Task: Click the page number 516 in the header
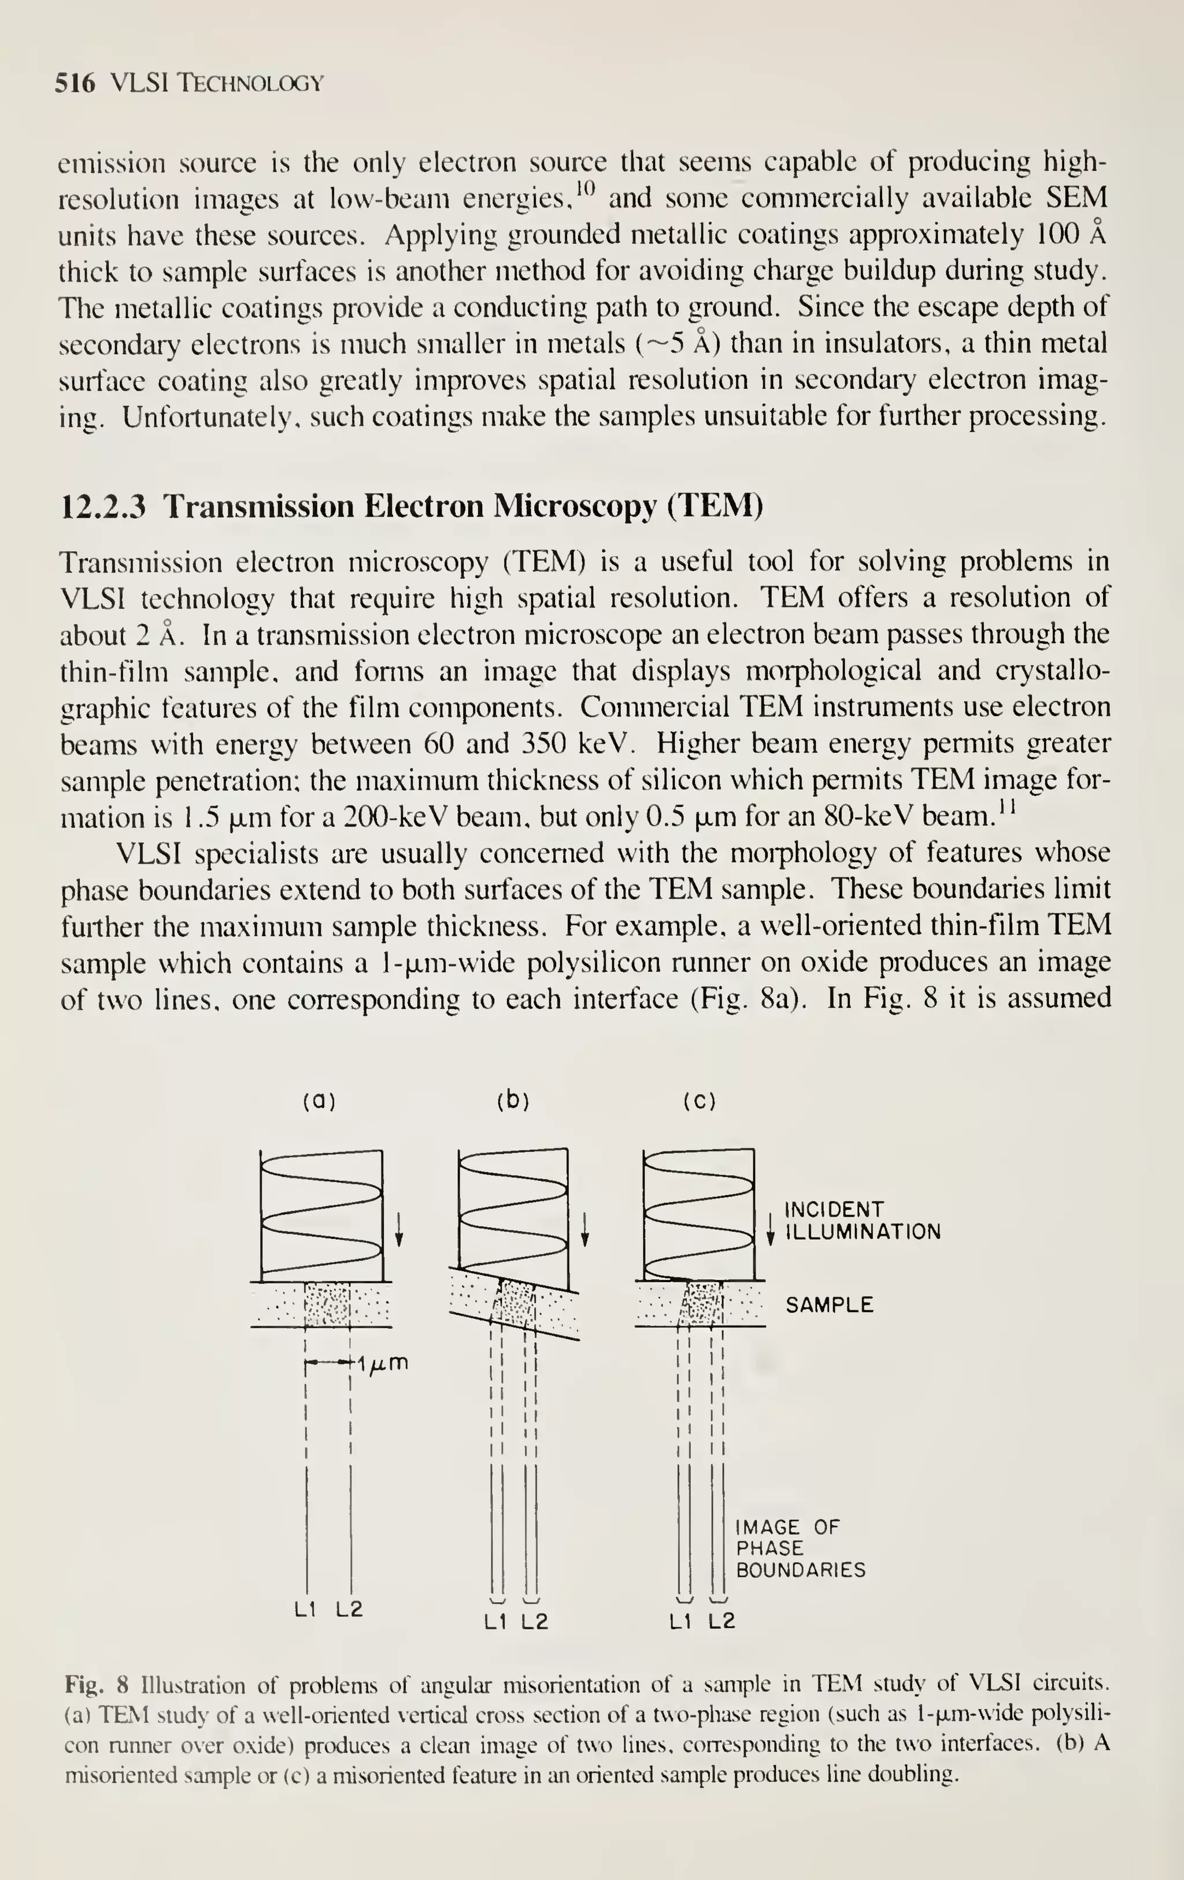[74, 83]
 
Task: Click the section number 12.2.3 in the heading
[103, 507]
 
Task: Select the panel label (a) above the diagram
[319, 1102]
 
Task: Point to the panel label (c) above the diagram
[699, 1102]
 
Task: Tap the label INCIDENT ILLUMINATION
[861, 1221]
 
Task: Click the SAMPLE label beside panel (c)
[828, 1305]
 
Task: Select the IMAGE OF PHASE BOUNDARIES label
[800, 1548]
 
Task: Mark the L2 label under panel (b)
[535, 1622]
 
